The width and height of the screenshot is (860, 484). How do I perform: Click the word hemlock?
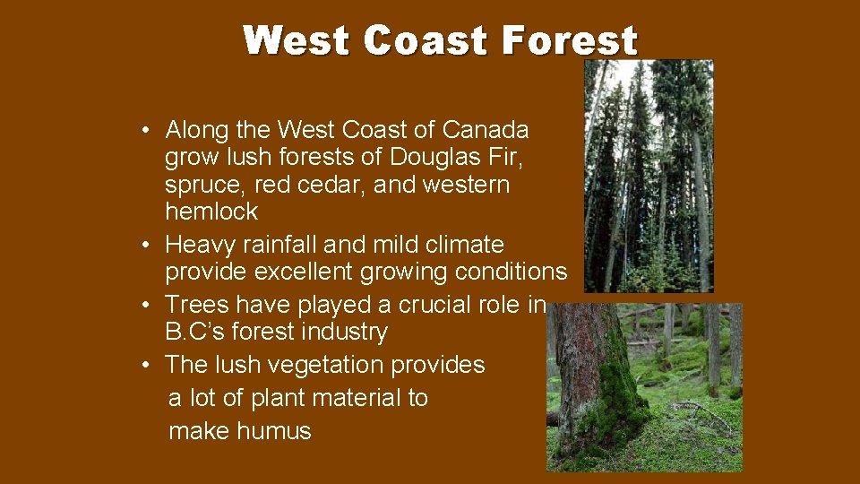pos(211,212)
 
